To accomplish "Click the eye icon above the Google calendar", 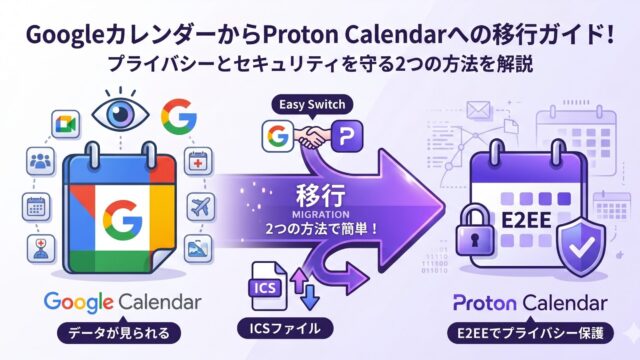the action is coord(120,113).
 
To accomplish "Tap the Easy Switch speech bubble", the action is coord(312,105).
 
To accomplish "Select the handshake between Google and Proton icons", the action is coord(312,136).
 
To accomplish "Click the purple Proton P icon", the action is coord(347,136).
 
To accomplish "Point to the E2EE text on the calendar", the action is coord(526,220).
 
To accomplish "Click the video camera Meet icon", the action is coord(66,124).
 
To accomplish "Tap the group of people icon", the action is coord(41,161).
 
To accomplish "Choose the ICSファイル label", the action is coord(285,329).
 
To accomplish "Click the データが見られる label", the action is coord(119,333).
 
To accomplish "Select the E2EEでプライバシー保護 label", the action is coord(530,333).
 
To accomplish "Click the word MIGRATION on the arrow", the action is coord(321,214).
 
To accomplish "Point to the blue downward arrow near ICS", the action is coord(310,297).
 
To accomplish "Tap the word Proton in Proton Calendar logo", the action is coord(484,304).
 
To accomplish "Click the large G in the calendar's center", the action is coord(122,220).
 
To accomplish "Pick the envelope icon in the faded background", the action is coord(478,110).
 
